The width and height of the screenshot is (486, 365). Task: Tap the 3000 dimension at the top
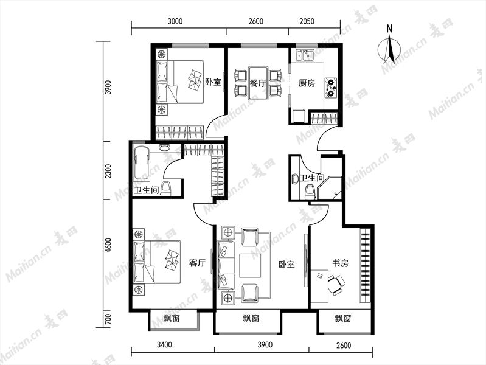tap(175, 21)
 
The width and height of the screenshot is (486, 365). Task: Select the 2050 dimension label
tap(307, 21)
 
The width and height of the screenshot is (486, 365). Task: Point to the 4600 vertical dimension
tap(108, 245)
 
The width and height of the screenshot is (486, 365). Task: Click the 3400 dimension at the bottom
tap(164, 345)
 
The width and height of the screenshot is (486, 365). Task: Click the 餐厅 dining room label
tap(258, 83)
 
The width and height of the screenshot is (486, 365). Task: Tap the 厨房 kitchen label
tap(307, 83)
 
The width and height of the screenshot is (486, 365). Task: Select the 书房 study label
tap(341, 263)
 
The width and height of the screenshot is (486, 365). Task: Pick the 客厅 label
tap(198, 263)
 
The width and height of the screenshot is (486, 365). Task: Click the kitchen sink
tap(305, 55)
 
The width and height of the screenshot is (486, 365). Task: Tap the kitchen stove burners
tap(331, 88)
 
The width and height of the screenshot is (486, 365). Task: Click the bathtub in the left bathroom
tap(142, 163)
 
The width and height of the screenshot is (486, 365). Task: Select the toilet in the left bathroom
tap(166, 188)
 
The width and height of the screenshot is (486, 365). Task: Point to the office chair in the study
tap(336, 284)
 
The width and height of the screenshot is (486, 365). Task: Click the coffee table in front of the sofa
tap(250, 265)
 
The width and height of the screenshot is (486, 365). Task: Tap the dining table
tap(258, 83)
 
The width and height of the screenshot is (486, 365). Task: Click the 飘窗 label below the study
tap(343, 319)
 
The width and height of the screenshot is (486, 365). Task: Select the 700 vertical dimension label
tap(108, 319)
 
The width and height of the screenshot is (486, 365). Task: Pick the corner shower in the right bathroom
tap(330, 187)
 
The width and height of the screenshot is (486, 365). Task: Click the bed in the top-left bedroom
tap(180, 82)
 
